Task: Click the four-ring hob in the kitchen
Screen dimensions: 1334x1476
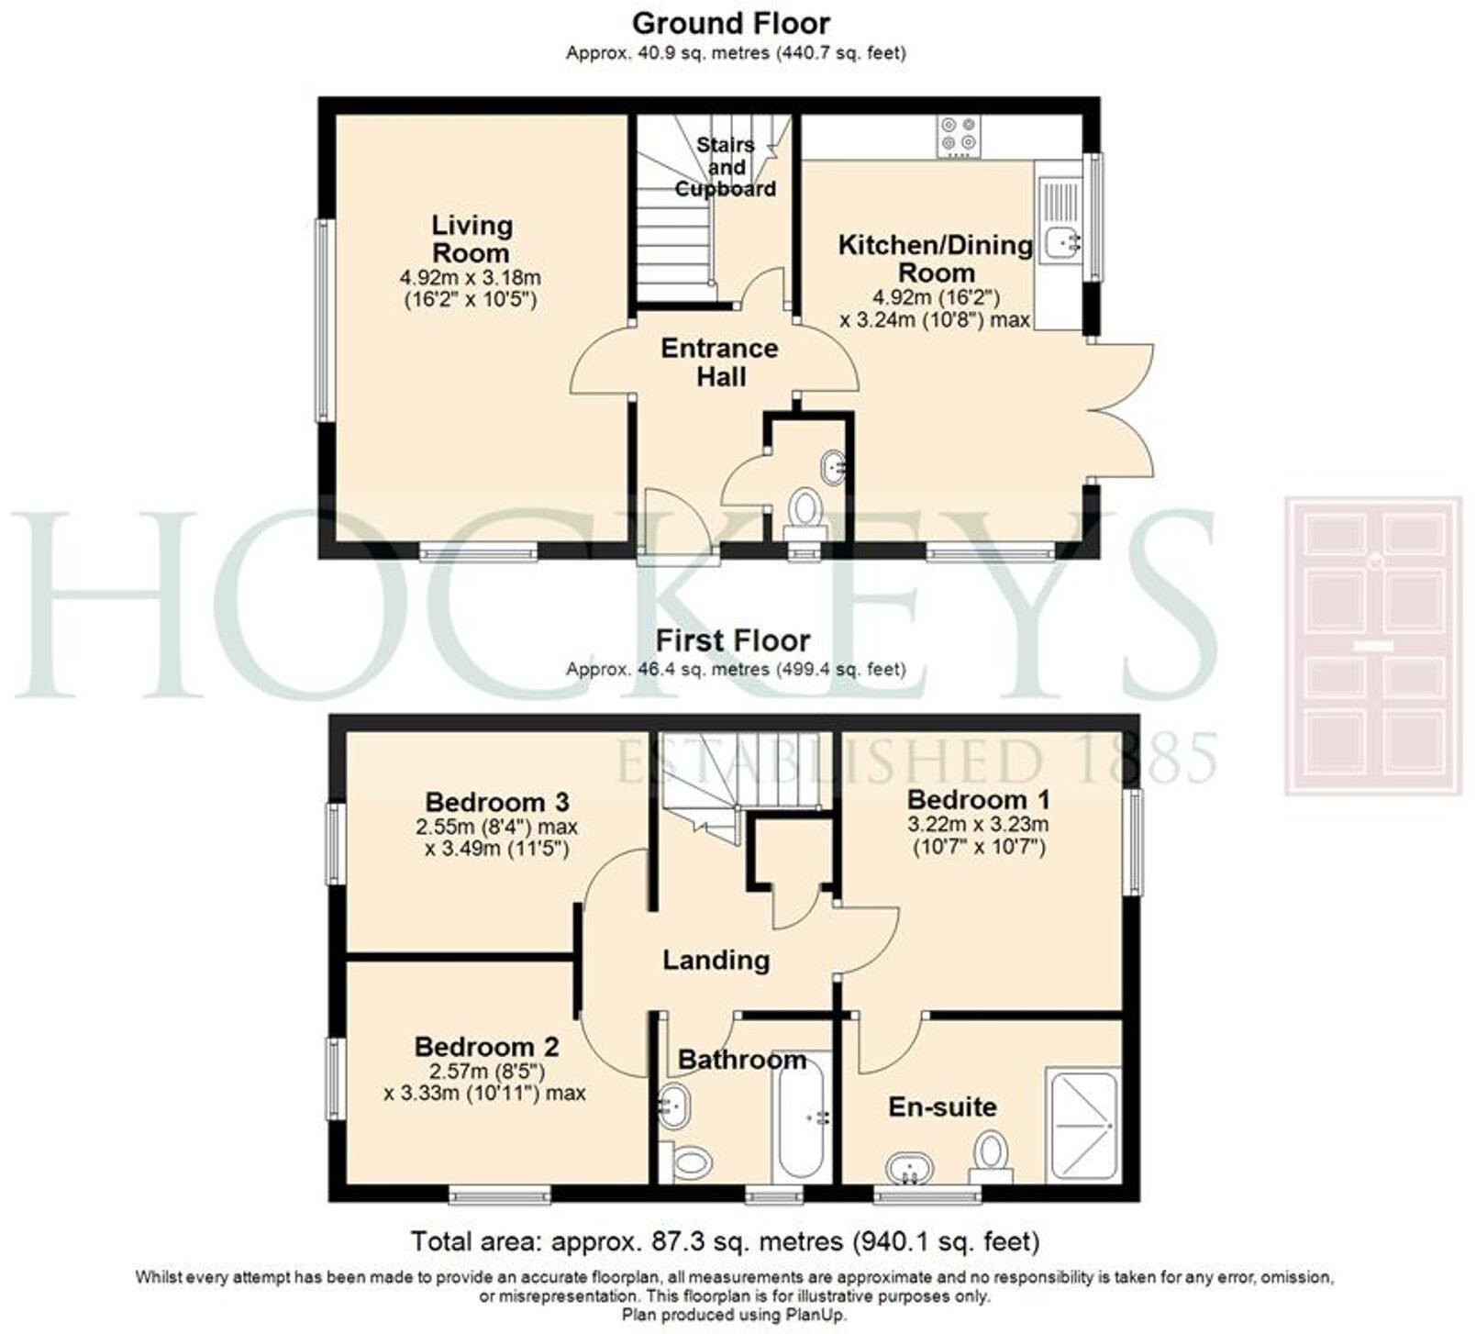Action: (x=959, y=136)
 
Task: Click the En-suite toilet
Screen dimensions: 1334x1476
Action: (x=990, y=1158)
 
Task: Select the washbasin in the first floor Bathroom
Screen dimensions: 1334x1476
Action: (x=675, y=1106)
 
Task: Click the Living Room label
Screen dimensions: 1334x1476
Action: (x=471, y=239)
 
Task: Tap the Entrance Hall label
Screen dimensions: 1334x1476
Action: (x=720, y=362)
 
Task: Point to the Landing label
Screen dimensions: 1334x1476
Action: (x=716, y=961)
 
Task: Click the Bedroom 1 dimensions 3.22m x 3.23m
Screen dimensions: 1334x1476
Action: (x=978, y=824)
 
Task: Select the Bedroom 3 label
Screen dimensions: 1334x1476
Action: (x=497, y=802)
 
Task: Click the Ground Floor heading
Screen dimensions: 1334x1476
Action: (x=731, y=23)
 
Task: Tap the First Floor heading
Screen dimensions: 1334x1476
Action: (x=733, y=640)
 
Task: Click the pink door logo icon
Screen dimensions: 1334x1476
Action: (x=1373, y=645)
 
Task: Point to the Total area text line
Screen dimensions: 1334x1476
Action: (x=725, y=1242)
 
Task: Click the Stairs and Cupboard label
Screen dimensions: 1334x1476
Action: (x=726, y=167)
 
